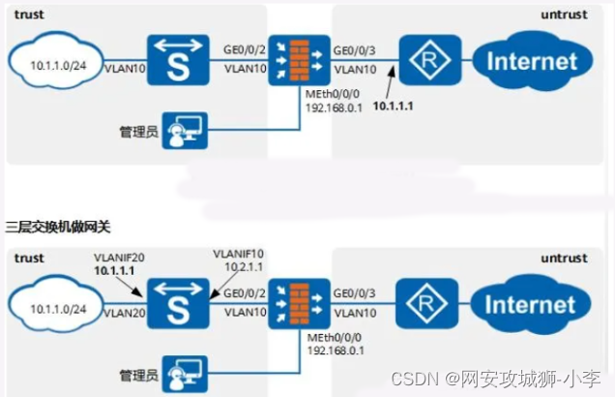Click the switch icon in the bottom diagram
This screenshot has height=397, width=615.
173,302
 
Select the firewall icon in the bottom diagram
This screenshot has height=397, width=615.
290,302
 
